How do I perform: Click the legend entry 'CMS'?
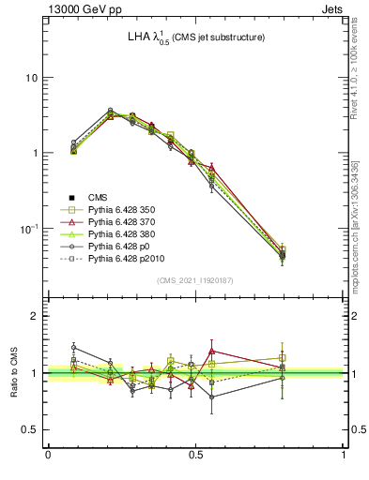tap(100, 197)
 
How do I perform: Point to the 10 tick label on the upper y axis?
tap(31, 78)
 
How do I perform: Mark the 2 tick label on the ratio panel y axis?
tap(35, 316)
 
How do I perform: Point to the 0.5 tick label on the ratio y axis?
tap(30, 429)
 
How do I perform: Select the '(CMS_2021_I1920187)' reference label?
tap(195, 281)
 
